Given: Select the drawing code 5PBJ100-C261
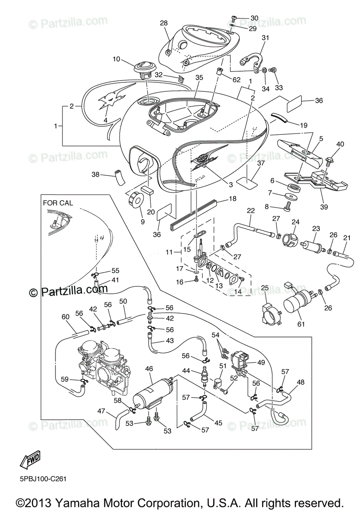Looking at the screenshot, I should pos(42,479).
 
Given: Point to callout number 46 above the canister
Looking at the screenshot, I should pos(149,368).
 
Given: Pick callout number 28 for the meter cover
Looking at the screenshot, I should pos(164,23).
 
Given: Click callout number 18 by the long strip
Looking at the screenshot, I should pos(233,198).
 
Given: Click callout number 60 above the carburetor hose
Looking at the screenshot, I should pos(65,317).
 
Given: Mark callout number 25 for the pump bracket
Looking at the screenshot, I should pos(265,288).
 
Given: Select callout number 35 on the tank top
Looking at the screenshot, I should pos(199,78).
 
